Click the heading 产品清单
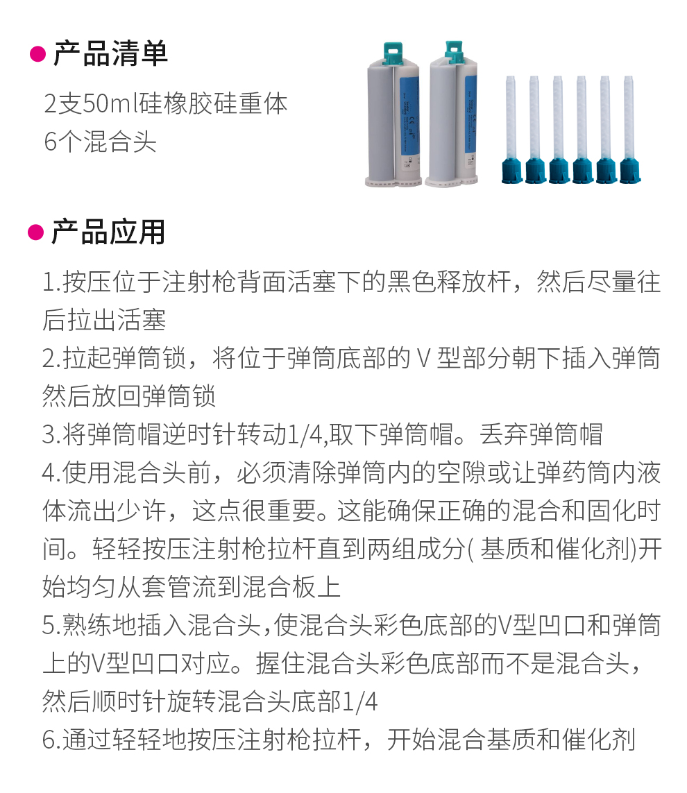tap(110, 53)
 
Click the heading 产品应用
tap(108, 232)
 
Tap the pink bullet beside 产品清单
tap(38, 53)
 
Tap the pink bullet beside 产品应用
tap(36, 232)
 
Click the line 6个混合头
tap(100, 141)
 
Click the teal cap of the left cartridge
tap(393, 53)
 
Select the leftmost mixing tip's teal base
tap(511, 171)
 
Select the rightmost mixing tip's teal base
tap(630, 171)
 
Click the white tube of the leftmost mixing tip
tap(511, 117)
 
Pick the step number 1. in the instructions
tap(52, 282)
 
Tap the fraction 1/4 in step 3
tap(305, 435)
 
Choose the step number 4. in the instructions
tap(52, 473)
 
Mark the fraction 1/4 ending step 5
tap(359, 702)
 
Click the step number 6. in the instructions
tap(52, 740)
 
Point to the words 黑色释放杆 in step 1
tap(449, 282)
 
